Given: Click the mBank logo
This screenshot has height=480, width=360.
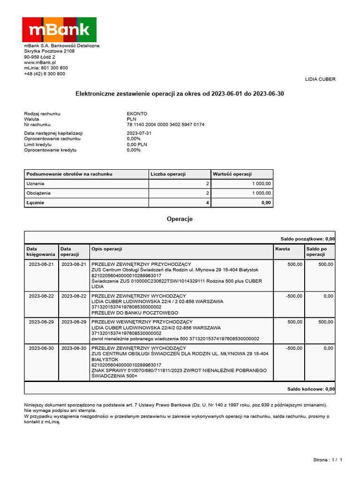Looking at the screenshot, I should pos(60,30).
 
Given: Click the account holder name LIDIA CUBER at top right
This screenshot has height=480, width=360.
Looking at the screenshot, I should pos(320,79).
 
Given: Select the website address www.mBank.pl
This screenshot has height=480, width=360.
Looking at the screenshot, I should pos(40,62).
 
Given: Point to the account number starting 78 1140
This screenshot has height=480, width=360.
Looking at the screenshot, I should pos(165,125).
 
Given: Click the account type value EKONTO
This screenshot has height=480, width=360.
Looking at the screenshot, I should pos(137,114).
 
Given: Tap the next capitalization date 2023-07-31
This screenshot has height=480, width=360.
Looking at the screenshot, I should pos(140,134).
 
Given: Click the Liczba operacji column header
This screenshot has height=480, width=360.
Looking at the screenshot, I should pos(168,174).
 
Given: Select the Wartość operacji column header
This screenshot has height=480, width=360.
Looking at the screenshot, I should pos(232,174).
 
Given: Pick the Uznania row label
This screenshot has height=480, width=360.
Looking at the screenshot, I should pos(36,184).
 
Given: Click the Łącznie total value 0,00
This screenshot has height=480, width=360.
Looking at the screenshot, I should pos(266,203).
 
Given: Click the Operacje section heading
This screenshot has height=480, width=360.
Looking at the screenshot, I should pos(180,219).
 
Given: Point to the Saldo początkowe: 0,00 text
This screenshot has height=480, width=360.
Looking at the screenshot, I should pos(307,239).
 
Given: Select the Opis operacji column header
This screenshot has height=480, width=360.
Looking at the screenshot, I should pos(107,249).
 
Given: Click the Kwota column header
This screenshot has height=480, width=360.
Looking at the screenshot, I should pos(283,249).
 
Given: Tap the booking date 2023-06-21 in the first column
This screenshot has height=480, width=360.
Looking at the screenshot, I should pos(41,264).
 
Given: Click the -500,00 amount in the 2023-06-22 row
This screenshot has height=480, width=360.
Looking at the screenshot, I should pos(294,296).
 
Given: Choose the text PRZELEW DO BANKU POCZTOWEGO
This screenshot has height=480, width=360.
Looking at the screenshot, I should pos(135,313).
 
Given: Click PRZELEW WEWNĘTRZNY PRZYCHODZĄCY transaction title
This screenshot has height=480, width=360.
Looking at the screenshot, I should pos(142,322).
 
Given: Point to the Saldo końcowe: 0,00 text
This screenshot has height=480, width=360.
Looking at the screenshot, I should pos(311,389).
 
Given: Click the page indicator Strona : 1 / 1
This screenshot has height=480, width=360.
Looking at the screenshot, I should pos(328,460).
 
